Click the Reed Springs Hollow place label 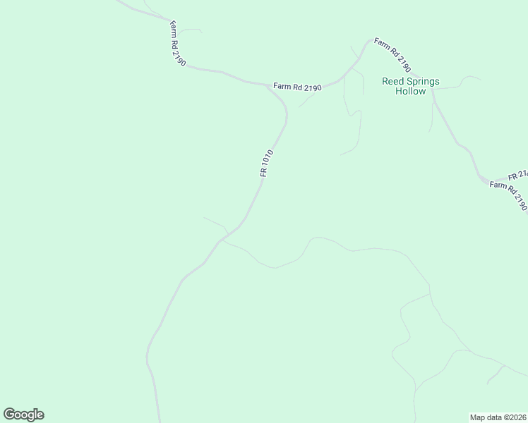(x=410, y=86)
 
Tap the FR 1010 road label (x=267, y=162)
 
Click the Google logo (x=23, y=415)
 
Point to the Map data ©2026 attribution (x=498, y=417)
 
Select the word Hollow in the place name (x=410, y=92)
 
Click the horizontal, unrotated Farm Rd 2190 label (x=297, y=87)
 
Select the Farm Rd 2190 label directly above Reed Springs (x=392, y=55)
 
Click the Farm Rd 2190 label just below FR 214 (x=509, y=195)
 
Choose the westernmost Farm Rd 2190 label (x=178, y=43)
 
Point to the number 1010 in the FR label (x=269, y=158)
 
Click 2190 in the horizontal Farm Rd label (x=313, y=87)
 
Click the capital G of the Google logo (x=9, y=415)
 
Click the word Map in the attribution (x=477, y=417)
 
